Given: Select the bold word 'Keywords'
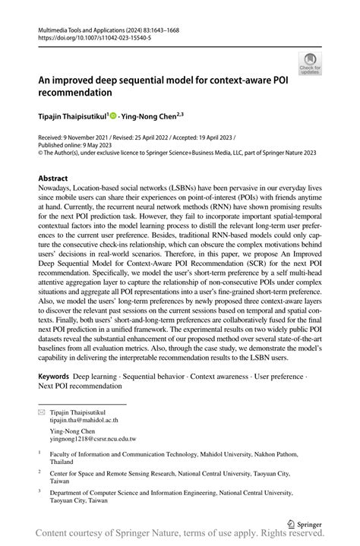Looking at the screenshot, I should point(55,377).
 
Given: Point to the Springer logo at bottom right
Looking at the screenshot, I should point(305,524).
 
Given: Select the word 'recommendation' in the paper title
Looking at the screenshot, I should point(75,93).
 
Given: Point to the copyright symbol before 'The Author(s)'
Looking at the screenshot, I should point(41,153).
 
